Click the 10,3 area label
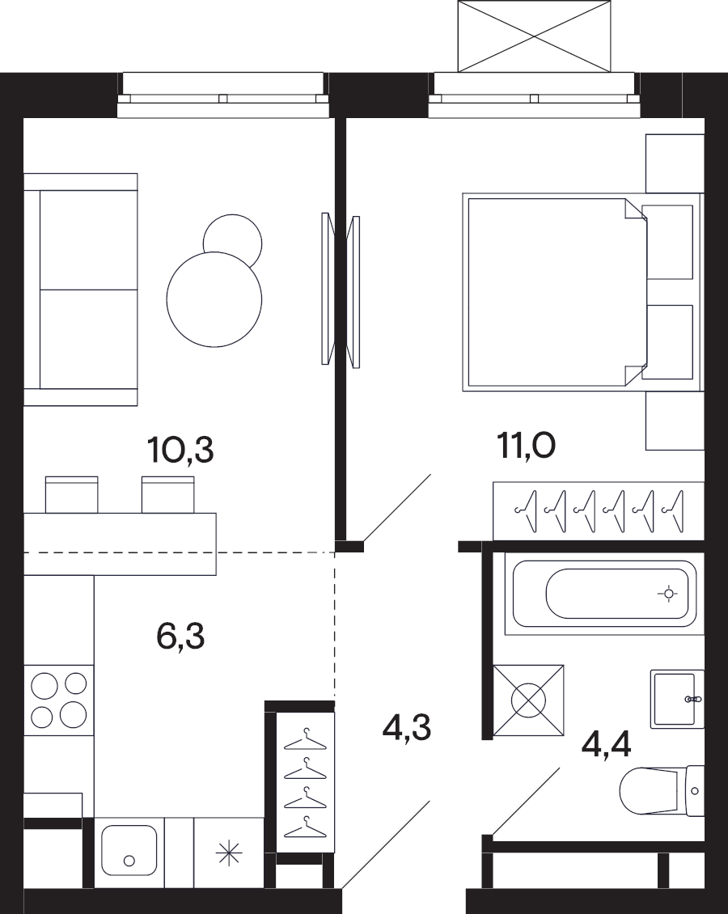click(180, 450)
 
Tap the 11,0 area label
click(526, 446)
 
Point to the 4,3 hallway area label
click(406, 727)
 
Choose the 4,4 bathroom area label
click(606, 744)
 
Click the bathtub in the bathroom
click(604, 594)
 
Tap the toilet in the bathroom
click(662, 791)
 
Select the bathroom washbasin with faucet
click(677, 699)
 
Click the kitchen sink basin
click(129, 850)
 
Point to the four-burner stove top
click(59, 700)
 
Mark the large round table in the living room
click(214, 299)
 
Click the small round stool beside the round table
click(233, 239)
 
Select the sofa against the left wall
click(80, 289)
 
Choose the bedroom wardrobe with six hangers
click(599, 511)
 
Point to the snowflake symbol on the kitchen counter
click(228, 853)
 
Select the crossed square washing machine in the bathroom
click(529, 700)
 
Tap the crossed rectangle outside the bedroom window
click(535, 36)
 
